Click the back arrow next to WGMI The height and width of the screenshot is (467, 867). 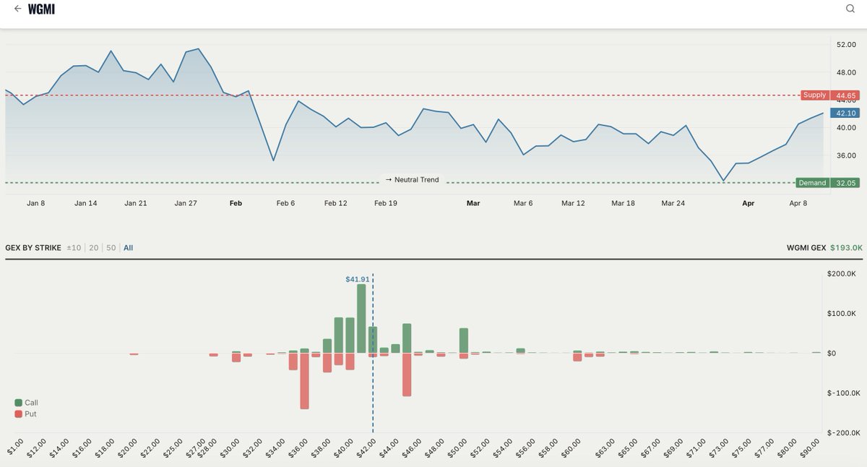tap(17, 9)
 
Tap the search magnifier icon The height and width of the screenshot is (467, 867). tap(850, 9)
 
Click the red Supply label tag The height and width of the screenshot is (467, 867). tap(814, 95)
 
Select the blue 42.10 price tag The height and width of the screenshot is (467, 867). tap(845, 113)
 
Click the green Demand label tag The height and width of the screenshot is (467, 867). tap(811, 183)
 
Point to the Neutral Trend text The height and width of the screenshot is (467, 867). tap(412, 179)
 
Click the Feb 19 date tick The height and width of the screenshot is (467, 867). tap(385, 203)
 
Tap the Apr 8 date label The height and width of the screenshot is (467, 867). tap(798, 203)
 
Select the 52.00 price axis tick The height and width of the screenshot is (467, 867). tap(845, 45)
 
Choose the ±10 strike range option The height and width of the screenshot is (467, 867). tap(74, 248)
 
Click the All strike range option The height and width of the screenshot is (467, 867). tap(128, 248)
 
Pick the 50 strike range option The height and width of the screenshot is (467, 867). tap(111, 248)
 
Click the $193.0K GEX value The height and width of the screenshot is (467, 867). tap(846, 248)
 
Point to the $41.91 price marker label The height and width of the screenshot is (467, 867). tap(357, 278)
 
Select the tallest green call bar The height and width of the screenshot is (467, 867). tap(361, 318)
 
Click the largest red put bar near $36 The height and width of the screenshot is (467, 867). tap(304, 380)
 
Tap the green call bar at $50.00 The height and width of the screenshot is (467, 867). tap(464, 340)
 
